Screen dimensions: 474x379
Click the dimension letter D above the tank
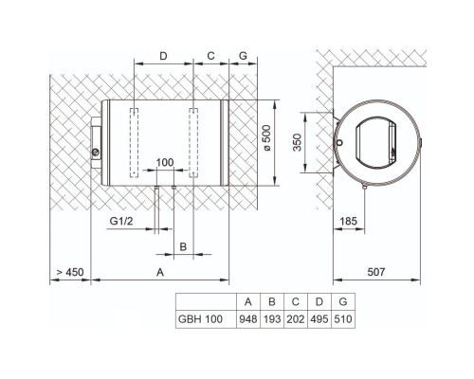click(x=163, y=56)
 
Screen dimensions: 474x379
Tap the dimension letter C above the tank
click(x=210, y=56)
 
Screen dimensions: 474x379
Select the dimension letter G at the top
click(x=243, y=56)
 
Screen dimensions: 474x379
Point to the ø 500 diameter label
click(x=266, y=138)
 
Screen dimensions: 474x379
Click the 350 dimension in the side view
click(x=298, y=142)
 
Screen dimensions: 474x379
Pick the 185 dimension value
click(x=348, y=221)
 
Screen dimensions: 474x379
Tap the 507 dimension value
click(x=376, y=272)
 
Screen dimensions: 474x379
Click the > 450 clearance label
click(x=70, y=272)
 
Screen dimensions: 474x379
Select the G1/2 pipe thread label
click(x=121, y=221)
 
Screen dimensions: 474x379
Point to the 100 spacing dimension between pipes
click(x=165, y=162)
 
